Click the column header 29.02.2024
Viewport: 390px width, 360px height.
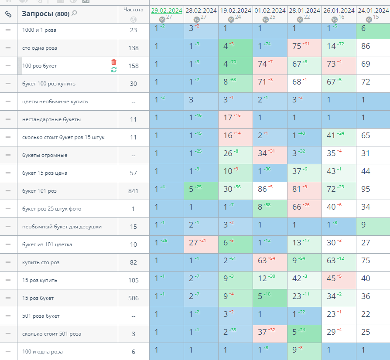pos(166,10)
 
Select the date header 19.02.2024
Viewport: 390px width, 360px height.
pos(236,10)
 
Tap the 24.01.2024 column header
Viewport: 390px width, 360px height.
pos(373,10)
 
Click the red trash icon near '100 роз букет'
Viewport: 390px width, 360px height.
pos(114,62)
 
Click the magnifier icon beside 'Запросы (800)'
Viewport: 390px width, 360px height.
pos(74,14)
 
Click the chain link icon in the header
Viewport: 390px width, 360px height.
pos(8,14)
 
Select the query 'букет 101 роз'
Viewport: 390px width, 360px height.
pos(39,191)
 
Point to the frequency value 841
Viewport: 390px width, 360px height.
pos(133,191)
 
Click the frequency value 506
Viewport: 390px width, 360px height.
pos(133,298)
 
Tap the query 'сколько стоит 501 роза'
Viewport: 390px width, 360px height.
pos(51,334)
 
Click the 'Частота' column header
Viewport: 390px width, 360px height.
pos(133,10)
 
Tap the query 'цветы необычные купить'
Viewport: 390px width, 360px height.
pos(55,102)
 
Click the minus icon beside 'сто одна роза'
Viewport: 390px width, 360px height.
pos(8,48)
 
